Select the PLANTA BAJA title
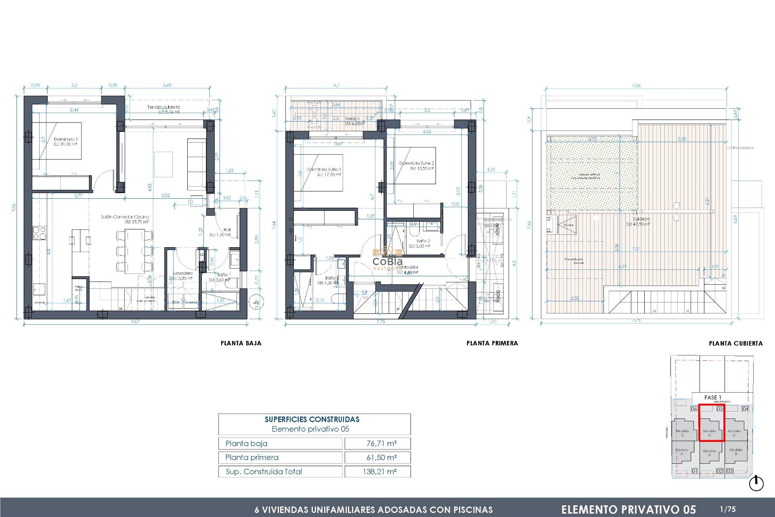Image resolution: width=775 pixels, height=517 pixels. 241,343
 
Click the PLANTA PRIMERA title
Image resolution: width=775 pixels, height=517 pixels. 492,343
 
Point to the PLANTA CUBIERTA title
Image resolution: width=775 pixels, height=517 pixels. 735,344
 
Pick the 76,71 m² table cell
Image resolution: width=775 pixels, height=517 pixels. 381,443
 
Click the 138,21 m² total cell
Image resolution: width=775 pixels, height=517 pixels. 379,471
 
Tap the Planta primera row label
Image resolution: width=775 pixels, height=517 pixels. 252,457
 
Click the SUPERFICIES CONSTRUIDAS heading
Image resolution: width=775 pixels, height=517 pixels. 312,419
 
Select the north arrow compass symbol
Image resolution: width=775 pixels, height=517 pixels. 756,483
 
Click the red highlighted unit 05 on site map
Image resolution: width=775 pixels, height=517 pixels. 711,423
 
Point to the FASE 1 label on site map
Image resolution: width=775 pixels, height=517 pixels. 712,397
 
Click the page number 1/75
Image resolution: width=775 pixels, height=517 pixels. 728,509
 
